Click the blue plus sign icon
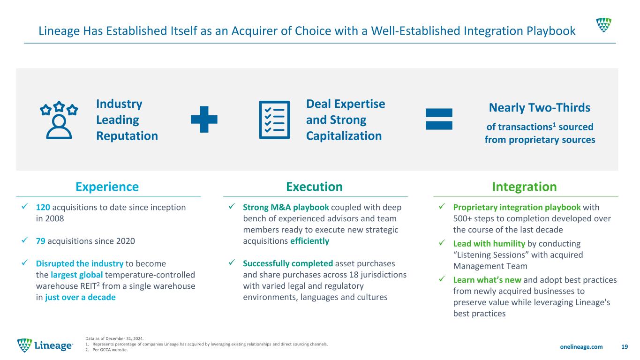[204, 120]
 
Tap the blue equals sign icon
[439, 119]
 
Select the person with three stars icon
[59, 120]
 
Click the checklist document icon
[274, 120]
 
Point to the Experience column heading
[107, 187]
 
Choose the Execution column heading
[314, 187]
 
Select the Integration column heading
[524, 187]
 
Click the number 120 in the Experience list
[43, 207]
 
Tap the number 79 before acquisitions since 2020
[41, 241]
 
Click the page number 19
[625, 346]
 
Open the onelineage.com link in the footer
[581, 346]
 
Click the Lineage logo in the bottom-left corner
[45, 345]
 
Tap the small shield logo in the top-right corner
[603, 25]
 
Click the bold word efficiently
[310, 241]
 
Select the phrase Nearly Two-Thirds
[539, 107]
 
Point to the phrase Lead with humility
[489, 243]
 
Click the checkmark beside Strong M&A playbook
[232, 206]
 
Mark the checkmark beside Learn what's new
[442, 278]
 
